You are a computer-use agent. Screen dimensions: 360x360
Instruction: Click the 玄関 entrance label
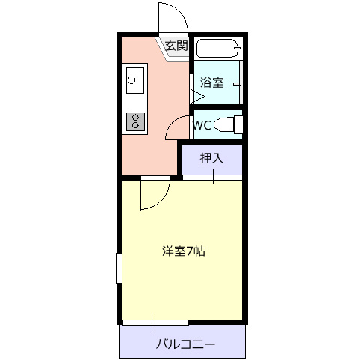(x=176, y=46)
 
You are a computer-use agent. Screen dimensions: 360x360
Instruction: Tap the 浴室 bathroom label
(x=212, y=82)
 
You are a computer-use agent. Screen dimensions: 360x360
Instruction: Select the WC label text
(x=202, y=125)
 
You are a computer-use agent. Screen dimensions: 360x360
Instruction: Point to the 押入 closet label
(x=211, y=158)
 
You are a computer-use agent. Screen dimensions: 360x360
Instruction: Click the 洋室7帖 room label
(x=184, y=251)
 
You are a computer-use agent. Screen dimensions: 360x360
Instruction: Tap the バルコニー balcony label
(x=185, y=344)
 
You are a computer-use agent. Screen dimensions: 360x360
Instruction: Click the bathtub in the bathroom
(x=218, y=48)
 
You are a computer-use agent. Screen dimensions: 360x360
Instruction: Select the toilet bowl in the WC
(x=224, y=124)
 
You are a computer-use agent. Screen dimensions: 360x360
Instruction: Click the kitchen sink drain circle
(x=131, y=80)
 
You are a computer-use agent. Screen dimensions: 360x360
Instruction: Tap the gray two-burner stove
(x=135, y=121)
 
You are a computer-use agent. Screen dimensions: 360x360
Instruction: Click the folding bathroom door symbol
(x=197, y=96)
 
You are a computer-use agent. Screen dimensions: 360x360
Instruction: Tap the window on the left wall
(x=119, y=268)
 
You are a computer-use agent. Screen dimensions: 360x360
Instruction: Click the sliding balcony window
(x=155, y=322)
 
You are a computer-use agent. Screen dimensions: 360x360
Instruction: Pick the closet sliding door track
(x=212, y=178)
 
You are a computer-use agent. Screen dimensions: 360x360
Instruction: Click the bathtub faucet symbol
(x=238, y=48)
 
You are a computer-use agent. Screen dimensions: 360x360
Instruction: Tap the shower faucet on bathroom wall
(x=238, y=84)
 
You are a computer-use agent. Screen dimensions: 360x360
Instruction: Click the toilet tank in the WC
(x=238, y=125)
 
